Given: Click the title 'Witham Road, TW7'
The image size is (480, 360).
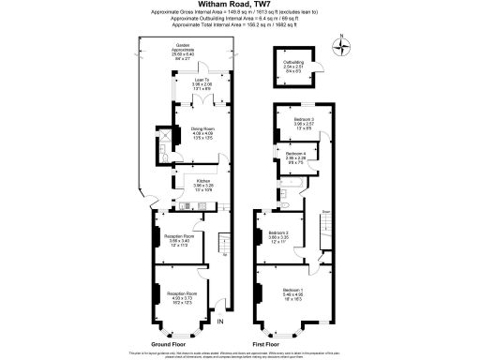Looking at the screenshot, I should pyautogui.click(x=239, y=5).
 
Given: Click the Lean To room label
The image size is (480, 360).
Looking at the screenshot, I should pyautogui.click(x=202, y=83).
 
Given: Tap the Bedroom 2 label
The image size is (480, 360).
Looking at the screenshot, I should pyautogui.click(x=278, y=236).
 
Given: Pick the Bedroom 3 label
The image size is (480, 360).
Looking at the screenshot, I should pyautogui.click(x=302, y=123).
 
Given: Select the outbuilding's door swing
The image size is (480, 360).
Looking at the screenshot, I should pyautogui.click(x=317, y=67).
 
